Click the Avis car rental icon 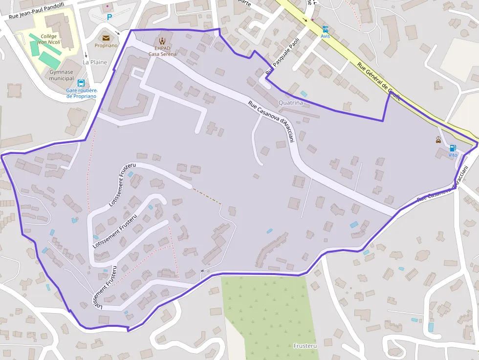(325, 29)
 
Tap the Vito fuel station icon (453, 148)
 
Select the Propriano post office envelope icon (106, 38)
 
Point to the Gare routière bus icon (81, 83)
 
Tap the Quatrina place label (291, 103)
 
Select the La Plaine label (95, 62)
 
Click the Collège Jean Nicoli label (49, 39)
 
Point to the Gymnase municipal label (62, 75)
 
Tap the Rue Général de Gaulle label (378, 81)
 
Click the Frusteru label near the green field (305, 346)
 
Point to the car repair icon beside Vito (438, 140)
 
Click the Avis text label (325, 36)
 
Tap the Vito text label (453, 155)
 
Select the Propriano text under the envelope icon (106, 45)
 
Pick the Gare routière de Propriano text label (81, 93)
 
